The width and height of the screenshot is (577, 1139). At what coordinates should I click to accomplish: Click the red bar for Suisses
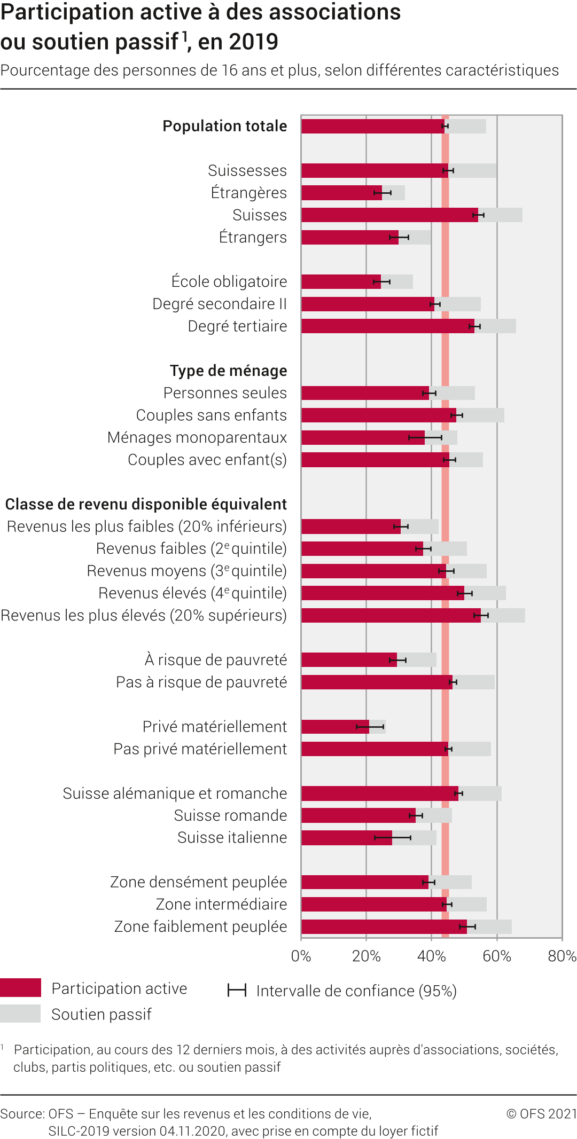point(389,215)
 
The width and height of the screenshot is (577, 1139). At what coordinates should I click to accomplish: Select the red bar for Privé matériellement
point(335,727)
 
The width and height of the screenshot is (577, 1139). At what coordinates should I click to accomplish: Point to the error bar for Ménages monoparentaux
point(425,437)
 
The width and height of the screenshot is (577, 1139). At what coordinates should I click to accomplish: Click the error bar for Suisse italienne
point(393,838)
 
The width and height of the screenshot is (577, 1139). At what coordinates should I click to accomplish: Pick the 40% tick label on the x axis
point(431,956)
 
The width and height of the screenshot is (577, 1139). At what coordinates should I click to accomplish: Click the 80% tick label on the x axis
point(562,956)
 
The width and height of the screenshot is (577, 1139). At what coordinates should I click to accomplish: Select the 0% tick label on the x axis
point(301,956)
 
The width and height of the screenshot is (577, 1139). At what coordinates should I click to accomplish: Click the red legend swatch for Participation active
point(20,988)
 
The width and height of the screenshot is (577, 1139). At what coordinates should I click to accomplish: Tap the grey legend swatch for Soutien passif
point(20,1014)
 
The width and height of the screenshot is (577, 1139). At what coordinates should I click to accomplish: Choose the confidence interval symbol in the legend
point(237,991)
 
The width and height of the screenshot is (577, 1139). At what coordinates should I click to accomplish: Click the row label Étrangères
point(248,193)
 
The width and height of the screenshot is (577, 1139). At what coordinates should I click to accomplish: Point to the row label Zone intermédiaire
point(221,905)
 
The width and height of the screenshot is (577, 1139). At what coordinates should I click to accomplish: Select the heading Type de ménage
point(228,371)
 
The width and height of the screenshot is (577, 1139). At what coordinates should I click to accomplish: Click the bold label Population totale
point(224,126)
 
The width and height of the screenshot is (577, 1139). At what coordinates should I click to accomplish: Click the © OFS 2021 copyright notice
point(541,1113)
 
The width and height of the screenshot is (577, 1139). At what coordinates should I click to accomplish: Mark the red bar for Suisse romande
point(358,815)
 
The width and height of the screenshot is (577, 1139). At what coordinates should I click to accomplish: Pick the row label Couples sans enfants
point(211,415)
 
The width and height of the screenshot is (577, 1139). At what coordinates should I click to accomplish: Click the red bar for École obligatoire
point(341,281)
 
